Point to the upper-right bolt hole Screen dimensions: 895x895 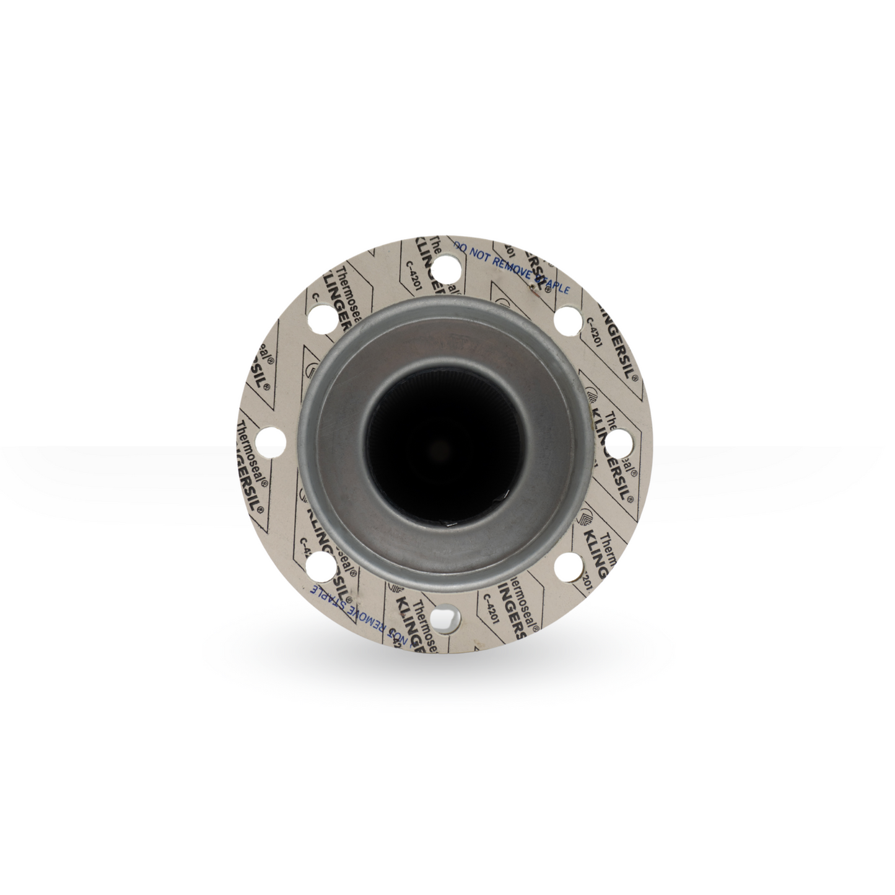[566, 320]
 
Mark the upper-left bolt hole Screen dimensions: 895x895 [322, 320]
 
